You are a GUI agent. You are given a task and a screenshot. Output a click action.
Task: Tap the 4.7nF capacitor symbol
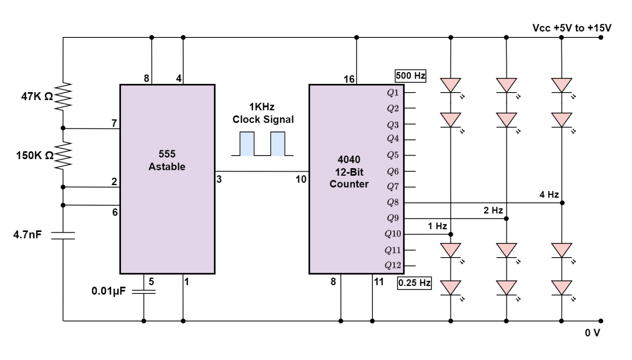click(63, 235)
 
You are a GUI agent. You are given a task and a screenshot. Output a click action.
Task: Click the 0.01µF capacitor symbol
click(144, 291)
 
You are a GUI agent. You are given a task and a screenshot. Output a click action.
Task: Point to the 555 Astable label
click(167, 160)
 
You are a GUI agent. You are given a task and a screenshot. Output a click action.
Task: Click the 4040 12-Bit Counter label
click(349, 172)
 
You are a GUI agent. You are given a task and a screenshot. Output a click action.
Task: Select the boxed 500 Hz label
click(410, 76)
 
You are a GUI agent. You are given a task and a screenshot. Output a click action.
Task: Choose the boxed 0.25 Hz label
click(414, 283)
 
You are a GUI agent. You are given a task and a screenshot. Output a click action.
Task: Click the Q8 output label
click(393, 202)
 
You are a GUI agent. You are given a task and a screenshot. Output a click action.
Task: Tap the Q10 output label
click(393, 234)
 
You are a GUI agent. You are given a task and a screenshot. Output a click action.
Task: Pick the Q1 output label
click(393, 93)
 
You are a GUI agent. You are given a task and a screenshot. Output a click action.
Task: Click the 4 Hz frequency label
click(549, 195)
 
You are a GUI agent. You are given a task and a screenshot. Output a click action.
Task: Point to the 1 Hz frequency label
click(437, 226)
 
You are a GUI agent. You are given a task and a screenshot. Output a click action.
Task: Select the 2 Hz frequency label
click(493, 210)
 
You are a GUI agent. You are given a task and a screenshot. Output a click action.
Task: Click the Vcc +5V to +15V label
click(572, 28)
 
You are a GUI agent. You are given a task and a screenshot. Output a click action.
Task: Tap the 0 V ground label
click(592, 333)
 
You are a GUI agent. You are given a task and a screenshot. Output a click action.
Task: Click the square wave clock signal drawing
click(263, 144)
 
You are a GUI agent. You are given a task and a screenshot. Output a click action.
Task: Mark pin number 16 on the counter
click(349, 79)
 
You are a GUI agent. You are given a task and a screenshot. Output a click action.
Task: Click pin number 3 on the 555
click(219, 179)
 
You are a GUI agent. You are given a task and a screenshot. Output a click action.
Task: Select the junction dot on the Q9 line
click(506, 218)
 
